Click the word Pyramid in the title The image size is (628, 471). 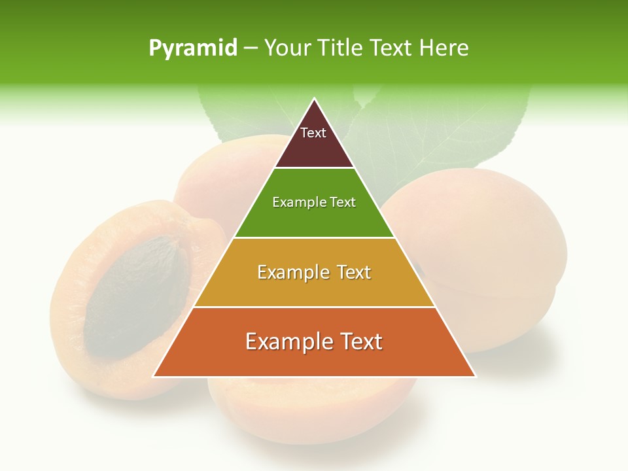(x=193, y=48)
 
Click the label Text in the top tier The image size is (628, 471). (x=313, y=133)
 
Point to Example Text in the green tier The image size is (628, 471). (x=314, y=202)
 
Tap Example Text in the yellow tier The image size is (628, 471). (x=314, y=272)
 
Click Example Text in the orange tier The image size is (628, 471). (x=314, y=341)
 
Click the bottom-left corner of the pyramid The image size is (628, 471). (x=154, y=376)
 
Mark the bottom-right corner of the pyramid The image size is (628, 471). (x=475, y=376)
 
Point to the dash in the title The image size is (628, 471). (x=251, y=48)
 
